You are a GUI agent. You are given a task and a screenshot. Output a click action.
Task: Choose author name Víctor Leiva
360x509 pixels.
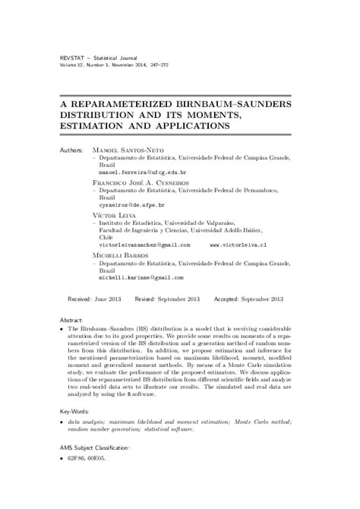point(113,217)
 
